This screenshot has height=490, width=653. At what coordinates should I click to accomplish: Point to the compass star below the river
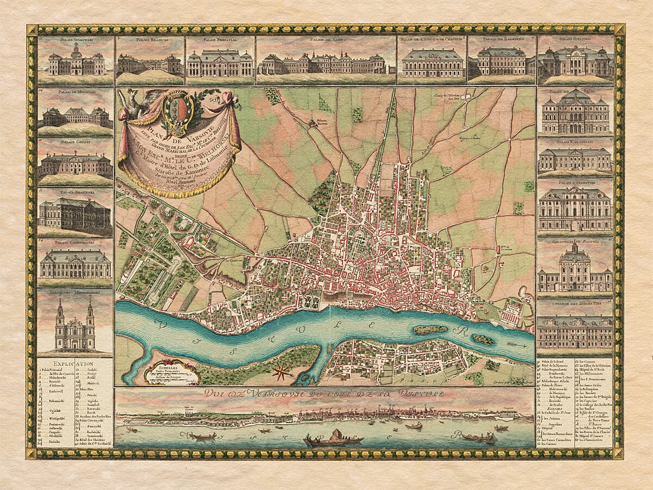(282, 372)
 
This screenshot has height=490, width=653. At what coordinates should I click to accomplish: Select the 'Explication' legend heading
(74, 363)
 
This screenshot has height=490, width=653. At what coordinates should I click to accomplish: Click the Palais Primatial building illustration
(220, 64)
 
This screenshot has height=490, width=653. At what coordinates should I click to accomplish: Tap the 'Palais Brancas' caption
(149, 40)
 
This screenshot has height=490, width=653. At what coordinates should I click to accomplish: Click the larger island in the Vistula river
(430, 329)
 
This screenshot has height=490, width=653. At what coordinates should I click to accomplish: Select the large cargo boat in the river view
(333, 437)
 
